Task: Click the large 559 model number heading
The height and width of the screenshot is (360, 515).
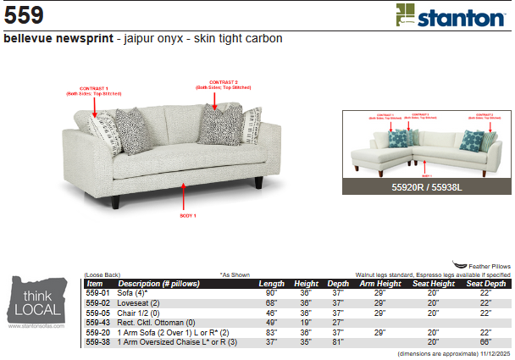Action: [24, 15]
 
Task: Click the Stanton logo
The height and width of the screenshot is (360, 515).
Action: [450, 16]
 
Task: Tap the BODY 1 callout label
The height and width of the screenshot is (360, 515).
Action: [187, 216]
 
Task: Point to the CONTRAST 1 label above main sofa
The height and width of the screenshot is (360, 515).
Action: [94, 90]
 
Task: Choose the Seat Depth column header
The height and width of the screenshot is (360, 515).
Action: [485, 283]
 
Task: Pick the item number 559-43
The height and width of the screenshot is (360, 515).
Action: [98, 323]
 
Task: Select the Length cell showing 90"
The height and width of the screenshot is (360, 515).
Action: [271, 292]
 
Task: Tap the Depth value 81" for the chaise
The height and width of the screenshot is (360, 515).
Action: [338, 342]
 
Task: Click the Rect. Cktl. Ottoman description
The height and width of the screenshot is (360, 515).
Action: [157, 323]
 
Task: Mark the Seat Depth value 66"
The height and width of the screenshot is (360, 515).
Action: [485, 342]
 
